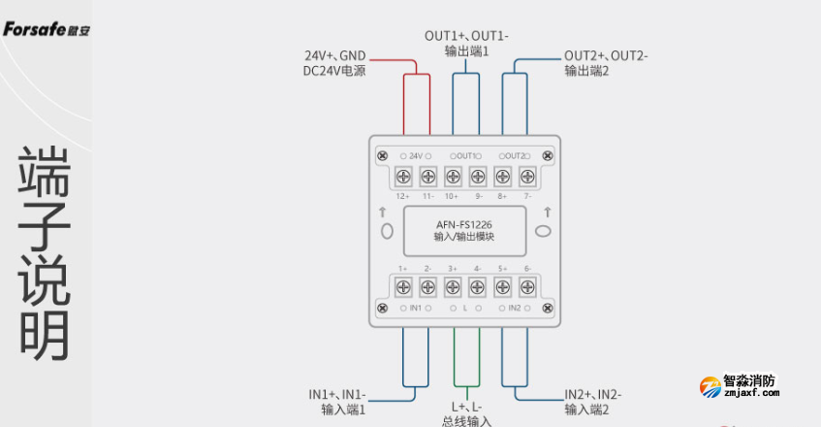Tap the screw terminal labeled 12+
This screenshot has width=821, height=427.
[402, 177]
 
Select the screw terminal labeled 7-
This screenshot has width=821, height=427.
[528, 177]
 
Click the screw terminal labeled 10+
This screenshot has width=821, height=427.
[453, 177]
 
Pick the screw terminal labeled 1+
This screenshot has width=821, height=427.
[402, 286]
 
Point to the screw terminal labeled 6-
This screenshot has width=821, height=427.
[528, 286]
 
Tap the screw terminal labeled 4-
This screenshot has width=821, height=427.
[478, 286]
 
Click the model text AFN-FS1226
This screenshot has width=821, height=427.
[465, 226]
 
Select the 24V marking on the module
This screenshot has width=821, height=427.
[415, 156]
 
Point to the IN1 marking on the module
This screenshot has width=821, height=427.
[415, 308]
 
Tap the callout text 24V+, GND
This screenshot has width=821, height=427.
[335, 55]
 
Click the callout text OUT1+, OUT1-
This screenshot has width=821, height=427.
[466, 36]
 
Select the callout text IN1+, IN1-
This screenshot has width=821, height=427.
[337, 394]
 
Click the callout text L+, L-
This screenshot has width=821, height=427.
[466, 407]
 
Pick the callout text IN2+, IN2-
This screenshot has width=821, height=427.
[593, 394]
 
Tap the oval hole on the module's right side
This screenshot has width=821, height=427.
[543, 231]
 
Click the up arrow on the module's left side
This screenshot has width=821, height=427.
[385, 213]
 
